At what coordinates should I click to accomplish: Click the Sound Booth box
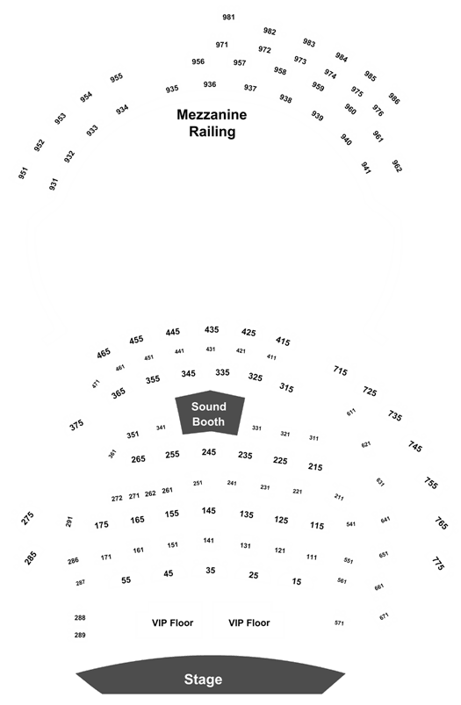(210, 413)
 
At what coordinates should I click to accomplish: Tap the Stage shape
(210, 674)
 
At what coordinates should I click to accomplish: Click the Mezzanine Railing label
(212, 123)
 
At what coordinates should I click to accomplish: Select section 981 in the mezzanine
(228, 17)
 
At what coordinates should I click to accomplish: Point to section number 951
(23, 173)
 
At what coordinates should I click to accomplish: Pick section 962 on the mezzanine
(397, 166)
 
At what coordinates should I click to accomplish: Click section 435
(212, 329)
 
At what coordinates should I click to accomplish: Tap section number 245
(209, 452)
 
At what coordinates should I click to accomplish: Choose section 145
(209, 510)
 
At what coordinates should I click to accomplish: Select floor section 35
(211, 570)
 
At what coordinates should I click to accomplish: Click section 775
(438, 564)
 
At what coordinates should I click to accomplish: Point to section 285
(30, 558)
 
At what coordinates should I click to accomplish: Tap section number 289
(80, 635)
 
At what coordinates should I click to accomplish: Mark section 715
(341, 370)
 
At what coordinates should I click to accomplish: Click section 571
(339, 622)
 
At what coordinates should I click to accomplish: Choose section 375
(76, 425)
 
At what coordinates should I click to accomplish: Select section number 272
(117, 498)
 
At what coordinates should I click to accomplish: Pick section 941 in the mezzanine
(366, 169)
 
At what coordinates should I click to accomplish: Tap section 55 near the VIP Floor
(126, 580)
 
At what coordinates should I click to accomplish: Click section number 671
(384, 616)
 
